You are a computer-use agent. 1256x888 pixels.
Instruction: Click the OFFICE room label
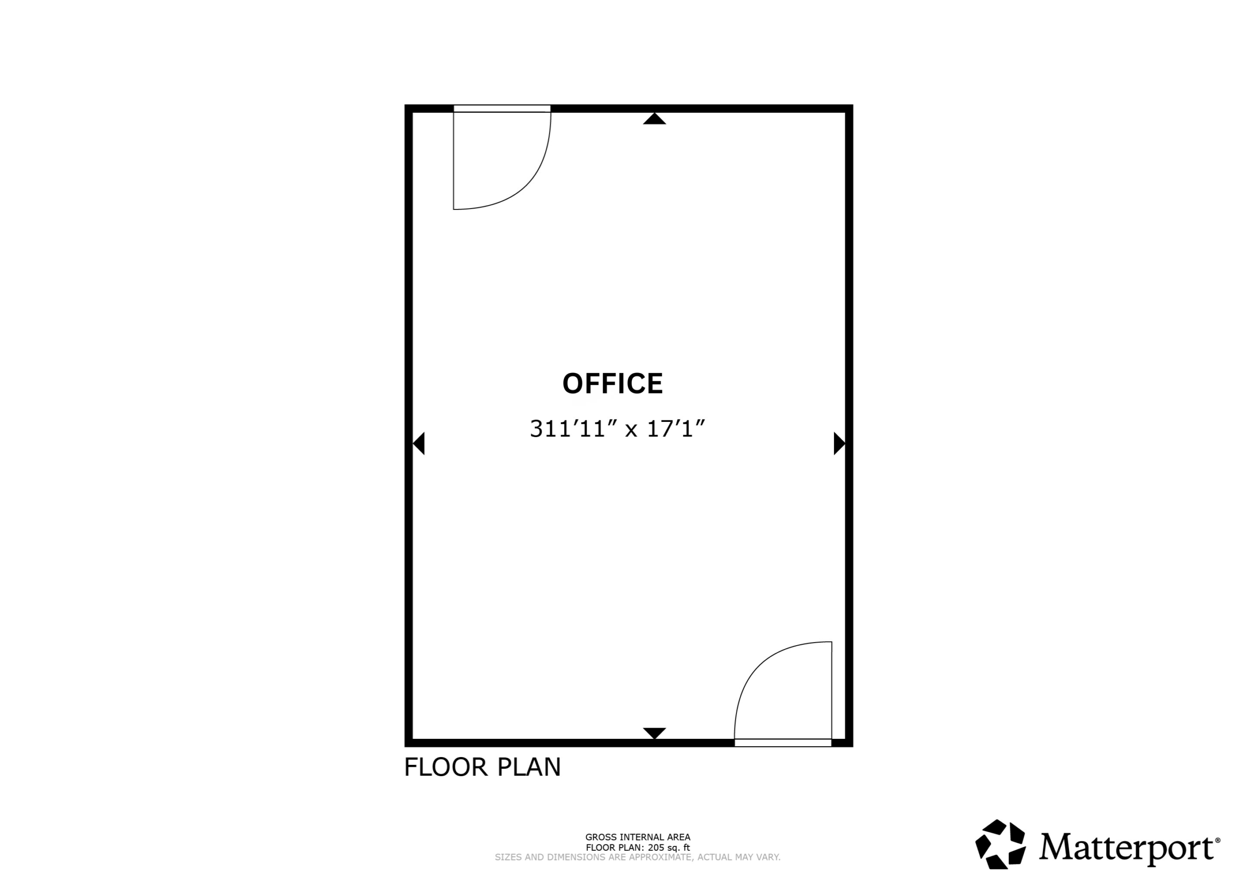point(613,384)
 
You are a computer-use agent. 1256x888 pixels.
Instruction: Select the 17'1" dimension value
point(676,428)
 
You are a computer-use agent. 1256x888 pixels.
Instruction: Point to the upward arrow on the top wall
point(654,119)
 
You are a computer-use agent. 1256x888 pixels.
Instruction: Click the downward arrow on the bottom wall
point(654,733)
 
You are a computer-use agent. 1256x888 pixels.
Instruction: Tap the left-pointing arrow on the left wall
point(419,443)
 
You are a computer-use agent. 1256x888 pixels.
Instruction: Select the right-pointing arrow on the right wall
point(839,443)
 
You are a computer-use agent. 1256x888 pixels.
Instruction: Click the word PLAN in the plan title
point(529,767)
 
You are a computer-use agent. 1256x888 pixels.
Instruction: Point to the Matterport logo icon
point(1000,844)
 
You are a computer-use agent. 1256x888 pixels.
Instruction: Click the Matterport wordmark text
point(1127,847)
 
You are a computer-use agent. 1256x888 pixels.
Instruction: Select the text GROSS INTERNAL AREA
point(638,837)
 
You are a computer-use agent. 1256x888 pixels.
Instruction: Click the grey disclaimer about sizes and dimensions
point(638,858)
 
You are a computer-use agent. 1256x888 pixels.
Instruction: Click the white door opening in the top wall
point(502,108)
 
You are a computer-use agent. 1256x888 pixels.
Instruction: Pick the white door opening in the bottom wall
point(783,742)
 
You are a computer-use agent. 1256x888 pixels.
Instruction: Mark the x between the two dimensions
point(631,431)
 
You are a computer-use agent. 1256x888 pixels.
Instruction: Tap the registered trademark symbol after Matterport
point(1218,840)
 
